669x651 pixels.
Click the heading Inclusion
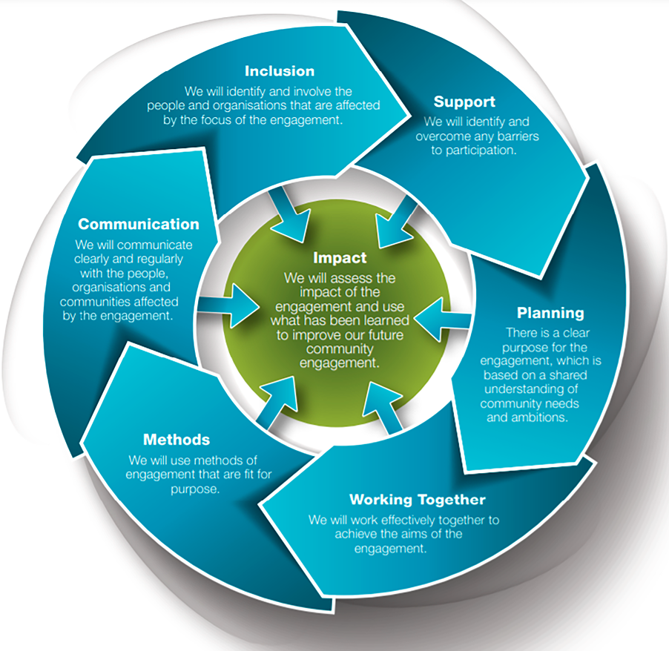click(x=280, y=71)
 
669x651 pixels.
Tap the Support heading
click(x=464, y=102)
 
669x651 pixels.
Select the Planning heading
click(x=550, y=313)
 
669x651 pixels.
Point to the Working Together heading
click(x=418, y=499)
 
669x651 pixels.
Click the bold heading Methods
click(x=177, y=440)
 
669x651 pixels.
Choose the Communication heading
click(x=139, y=224)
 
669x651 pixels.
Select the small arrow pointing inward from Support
click(x=390, y=222)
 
